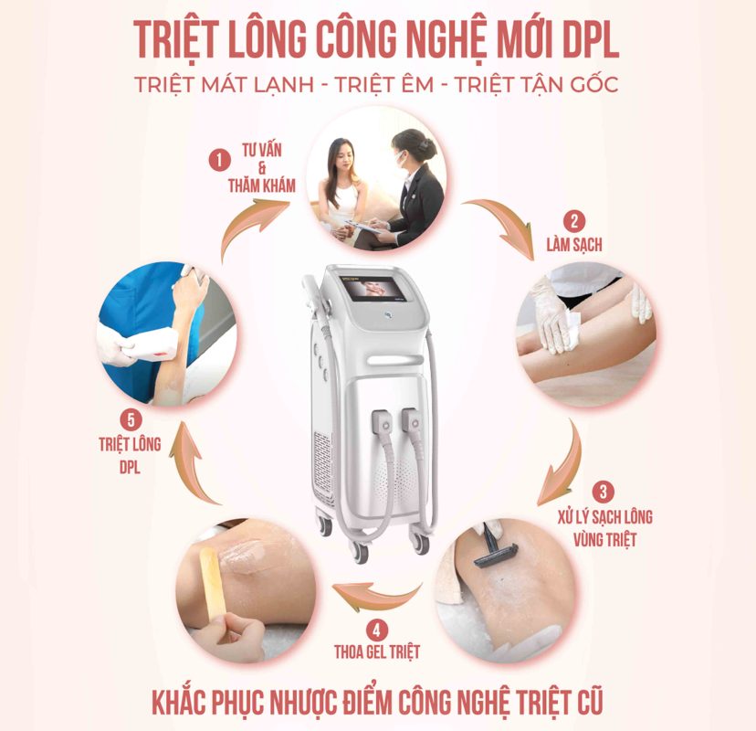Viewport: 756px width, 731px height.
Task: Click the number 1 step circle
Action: [220, 160]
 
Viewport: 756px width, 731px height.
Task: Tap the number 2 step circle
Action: [573, 222]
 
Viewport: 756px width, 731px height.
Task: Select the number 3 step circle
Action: [604, 493]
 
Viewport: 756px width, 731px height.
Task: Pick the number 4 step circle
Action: [377, 630]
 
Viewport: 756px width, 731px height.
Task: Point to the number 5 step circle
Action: [131, 420]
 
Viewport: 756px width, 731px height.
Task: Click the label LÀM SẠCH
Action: [574, 245]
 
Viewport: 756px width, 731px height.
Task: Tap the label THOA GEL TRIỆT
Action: [377, 652]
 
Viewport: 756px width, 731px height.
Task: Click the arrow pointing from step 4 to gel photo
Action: [376, 596]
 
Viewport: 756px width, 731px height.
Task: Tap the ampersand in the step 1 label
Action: [262, 168]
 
